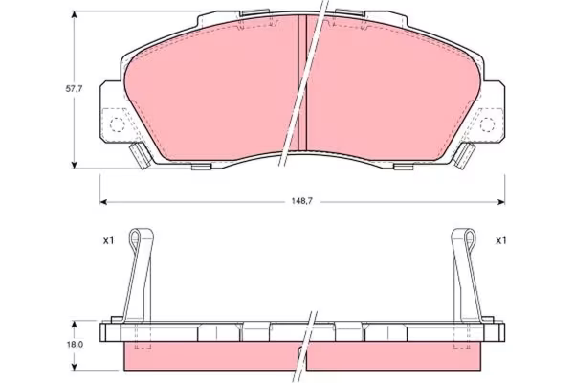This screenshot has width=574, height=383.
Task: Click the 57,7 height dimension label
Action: point(75,89)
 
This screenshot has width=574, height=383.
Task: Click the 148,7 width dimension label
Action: point(301,201)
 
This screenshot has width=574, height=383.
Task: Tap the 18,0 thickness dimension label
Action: point(75,344)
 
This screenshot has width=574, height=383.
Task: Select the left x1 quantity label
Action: point(109,240)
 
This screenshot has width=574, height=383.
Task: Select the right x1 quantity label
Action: point(500,240)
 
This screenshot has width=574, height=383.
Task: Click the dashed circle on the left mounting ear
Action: point(117,125)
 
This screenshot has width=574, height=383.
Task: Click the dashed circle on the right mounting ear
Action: point(487,125)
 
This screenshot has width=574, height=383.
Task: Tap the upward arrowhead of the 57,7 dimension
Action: point(75,14)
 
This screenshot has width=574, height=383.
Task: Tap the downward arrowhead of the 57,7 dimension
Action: point(75,165)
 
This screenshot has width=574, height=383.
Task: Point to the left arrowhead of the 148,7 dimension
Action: point(103,202)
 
